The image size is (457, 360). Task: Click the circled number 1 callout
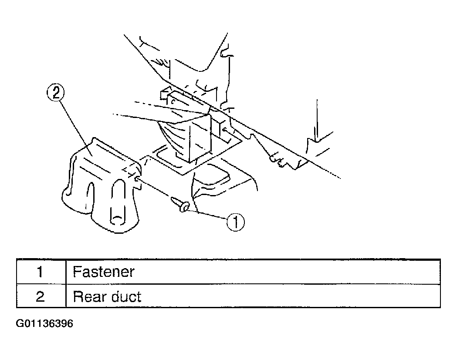pyautogui.click(x=236, y=222)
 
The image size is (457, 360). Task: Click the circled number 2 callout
pyautogui.click(x=55, y=92)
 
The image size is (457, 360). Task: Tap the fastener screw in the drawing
pyautogui.click(x=180, y=204)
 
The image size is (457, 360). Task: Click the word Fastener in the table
pyautogui.click(x=103, y=272)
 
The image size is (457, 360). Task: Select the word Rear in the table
pyautogui.click(x=89, y=296)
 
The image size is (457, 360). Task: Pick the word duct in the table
pyautogui.click(x=126, y=296)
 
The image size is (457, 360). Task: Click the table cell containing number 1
pyautogui.click(x=41, y=272)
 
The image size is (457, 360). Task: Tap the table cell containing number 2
pyautogui.click(x=41, y=296)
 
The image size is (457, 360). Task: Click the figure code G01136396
pyautogui.click(x=44, y=323)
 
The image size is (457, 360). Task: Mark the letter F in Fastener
pyautogui.click(x=77, y=272)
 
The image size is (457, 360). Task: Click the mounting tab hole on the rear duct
pyautogui.click(x=136, y=180)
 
